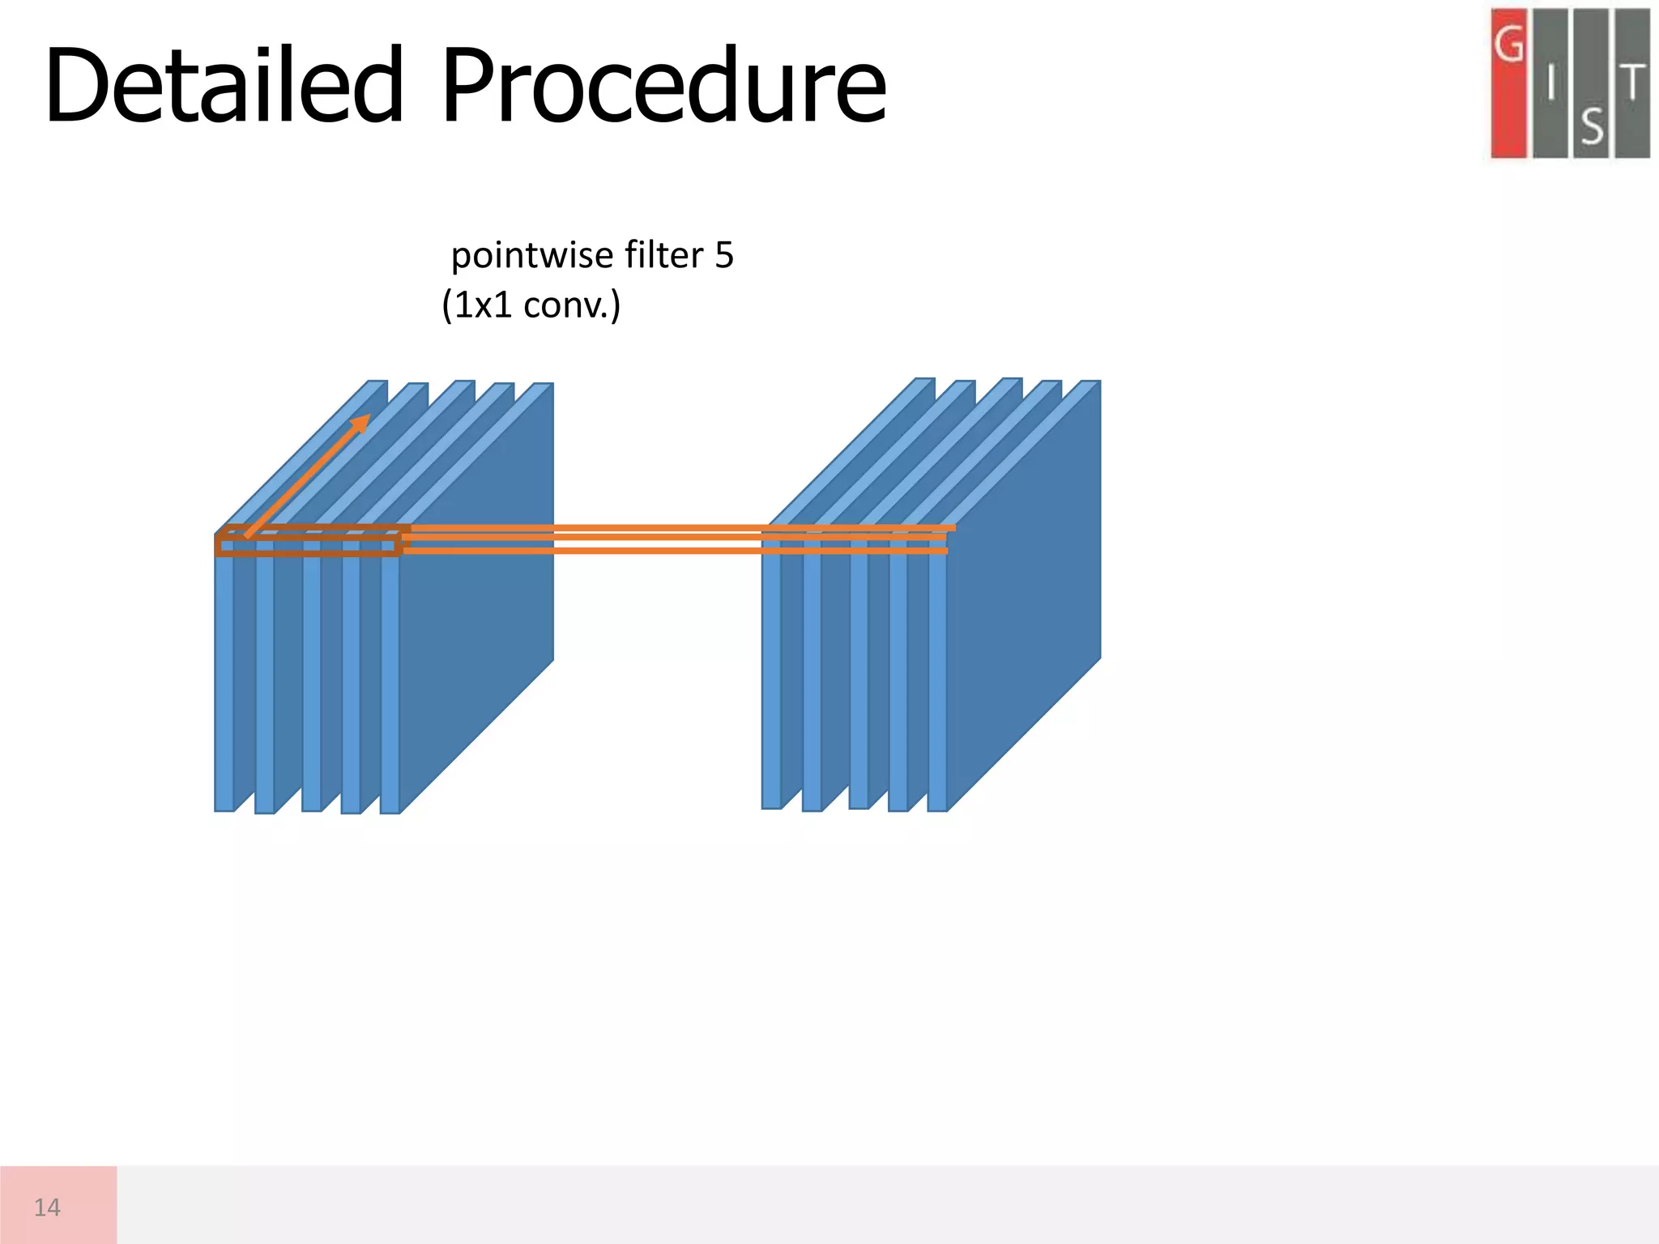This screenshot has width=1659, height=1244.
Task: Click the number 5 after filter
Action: (724, 256)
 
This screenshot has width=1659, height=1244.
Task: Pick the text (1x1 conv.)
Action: (531, 305)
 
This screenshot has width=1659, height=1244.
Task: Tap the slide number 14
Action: (47, 1208)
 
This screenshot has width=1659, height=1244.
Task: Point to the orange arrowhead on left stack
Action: (361, 422)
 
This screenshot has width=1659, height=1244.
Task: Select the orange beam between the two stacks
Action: (583, 539)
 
